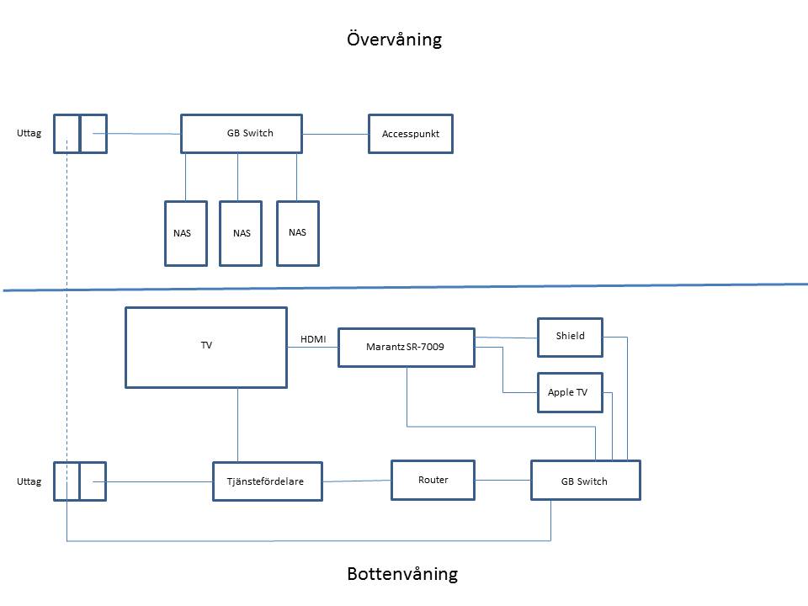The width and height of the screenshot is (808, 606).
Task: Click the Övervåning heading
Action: [x=394, y=40]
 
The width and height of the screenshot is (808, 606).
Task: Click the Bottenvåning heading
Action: [x=402, y=573]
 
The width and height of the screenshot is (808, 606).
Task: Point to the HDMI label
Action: [x=313, y=339]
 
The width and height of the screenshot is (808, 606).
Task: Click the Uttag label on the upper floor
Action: [x=29, y=133]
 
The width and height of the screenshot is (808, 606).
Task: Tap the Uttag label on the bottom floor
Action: [x=29, y=481]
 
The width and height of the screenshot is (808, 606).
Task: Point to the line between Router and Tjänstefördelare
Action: [x=357, y=481]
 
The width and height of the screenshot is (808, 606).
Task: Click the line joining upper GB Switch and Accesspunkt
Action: [x=335, y=134]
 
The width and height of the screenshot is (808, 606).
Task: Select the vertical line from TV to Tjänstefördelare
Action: [x=237, y=425]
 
